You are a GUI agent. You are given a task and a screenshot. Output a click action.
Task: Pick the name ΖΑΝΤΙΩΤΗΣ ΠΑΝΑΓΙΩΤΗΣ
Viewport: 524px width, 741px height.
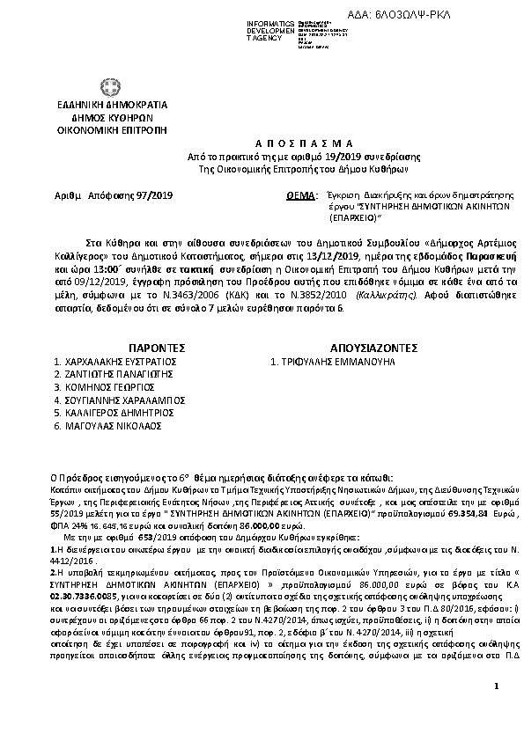coord(120,374)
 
